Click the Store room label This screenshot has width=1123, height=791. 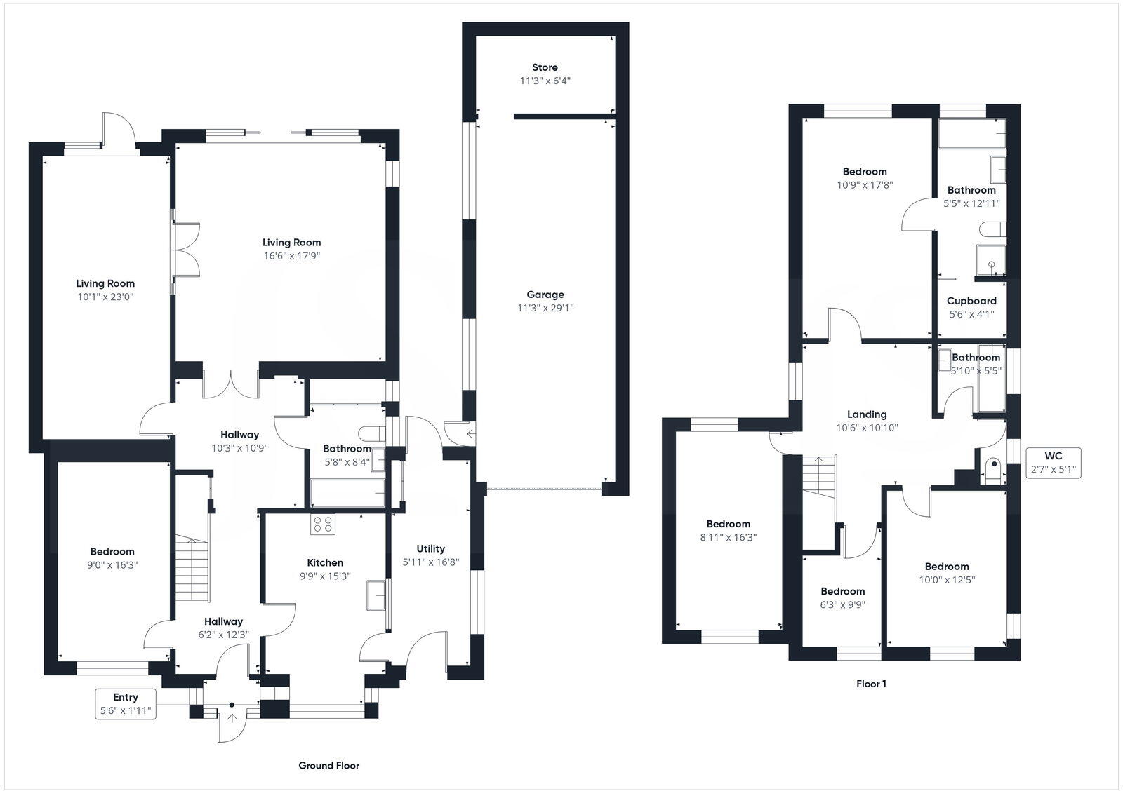click(545, 67)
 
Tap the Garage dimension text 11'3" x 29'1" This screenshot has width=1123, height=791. click(545, 308)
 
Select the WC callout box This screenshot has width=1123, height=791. click(1054, 463)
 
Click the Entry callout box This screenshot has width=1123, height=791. click(126, 704)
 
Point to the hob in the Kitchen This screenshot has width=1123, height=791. click(323, 525)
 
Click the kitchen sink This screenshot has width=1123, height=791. click(376, 595)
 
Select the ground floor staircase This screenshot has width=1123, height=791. click(192, 568)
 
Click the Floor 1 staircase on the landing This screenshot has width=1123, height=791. click(819, 477)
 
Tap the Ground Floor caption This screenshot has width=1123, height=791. click(328, 765)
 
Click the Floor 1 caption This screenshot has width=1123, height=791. click(871, 684)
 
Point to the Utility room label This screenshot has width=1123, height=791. click(430, 548)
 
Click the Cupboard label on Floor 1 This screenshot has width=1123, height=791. click(971, 301)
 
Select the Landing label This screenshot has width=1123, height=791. click(867, 414)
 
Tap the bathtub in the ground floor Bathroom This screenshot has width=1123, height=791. click(347, 493)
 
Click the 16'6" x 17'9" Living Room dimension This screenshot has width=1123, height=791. click(292, 256)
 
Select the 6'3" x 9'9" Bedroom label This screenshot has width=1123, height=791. click(842, 591)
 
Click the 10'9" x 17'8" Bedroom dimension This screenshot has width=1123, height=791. click(865, 185)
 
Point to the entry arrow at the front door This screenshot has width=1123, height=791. click(232, 717)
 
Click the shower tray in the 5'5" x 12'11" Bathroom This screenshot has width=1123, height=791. click(991, 260)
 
